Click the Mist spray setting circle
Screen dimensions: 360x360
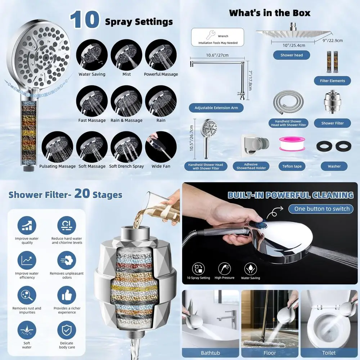126,55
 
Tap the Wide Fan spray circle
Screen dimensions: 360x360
161,147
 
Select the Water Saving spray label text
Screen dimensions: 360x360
92,74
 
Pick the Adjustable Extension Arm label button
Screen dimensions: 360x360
216,108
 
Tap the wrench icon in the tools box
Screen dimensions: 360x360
211,35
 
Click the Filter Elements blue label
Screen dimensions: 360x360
332,81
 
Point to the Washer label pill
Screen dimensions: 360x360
334,166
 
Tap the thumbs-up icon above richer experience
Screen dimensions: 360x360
67,295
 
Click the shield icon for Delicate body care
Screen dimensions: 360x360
67,330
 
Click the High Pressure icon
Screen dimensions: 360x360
224,268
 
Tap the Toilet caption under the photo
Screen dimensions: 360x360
329,353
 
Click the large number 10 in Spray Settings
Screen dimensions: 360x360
85,20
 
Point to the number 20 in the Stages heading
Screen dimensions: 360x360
82,193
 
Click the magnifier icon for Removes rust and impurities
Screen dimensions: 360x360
27,295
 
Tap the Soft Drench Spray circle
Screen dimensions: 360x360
126,147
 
